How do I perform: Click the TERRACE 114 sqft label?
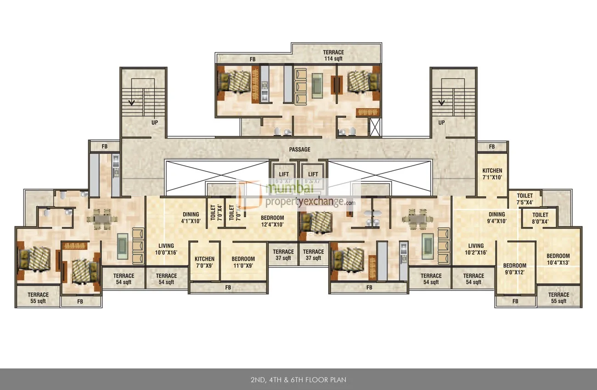pos(333,56)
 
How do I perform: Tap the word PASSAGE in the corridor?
pos(299,150)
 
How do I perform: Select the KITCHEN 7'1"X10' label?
pos(492,174)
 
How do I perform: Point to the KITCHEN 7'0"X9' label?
pos(204,262)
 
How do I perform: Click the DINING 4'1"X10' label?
pos(191,217)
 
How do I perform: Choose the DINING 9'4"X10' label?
pos(496,217)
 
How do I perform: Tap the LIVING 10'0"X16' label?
pos(166,249)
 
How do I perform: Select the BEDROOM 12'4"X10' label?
pos(272,221)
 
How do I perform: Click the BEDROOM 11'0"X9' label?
pos(243,262)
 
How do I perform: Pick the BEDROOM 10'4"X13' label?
pos(558,259)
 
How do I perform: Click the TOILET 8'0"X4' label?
pos(540,218)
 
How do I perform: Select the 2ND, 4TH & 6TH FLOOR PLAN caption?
pos(298,380)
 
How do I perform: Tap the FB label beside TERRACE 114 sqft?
pos(252,59)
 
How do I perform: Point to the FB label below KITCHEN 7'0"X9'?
pos(228,288)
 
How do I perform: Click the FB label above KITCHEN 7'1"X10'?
pos(491,147)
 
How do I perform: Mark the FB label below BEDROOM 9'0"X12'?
pos(515,301)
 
